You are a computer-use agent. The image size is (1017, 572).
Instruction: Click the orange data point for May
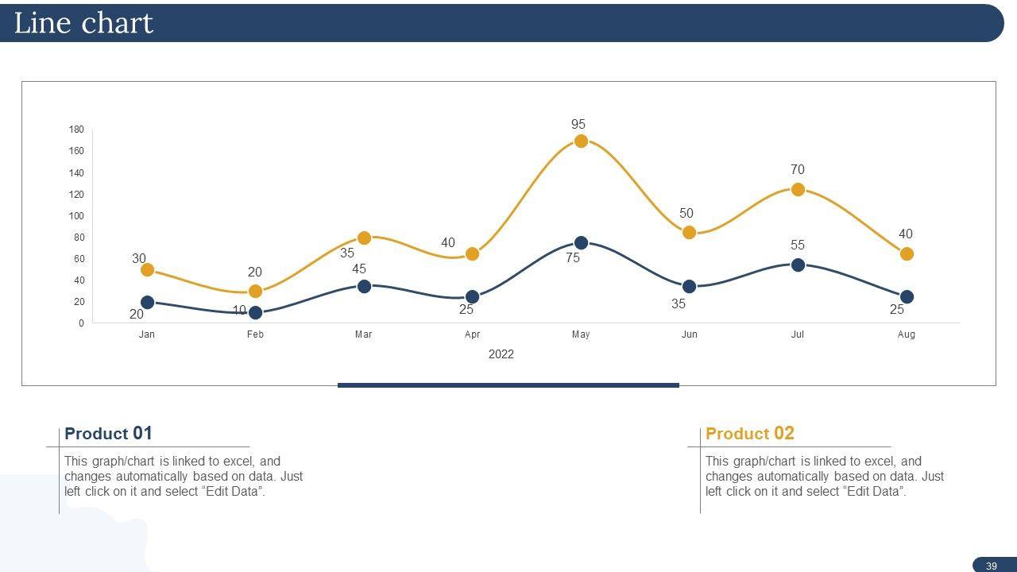point(581,141)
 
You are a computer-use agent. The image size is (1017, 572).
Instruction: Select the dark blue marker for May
point(581,243)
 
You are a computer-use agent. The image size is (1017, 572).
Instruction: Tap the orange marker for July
point(798,190)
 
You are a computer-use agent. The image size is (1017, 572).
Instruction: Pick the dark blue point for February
point(255,313)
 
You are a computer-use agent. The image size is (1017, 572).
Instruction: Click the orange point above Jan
point(147,270)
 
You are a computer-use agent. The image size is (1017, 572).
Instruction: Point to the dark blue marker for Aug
point(907,297)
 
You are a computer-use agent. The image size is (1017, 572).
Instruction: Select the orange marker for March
point(364,238)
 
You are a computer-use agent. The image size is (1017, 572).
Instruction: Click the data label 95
point(578,125)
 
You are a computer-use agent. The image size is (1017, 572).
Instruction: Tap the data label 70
point(797,170)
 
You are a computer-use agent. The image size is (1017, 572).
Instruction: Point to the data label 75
point(573,258)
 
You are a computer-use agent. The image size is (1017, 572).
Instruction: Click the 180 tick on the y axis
point(76,129)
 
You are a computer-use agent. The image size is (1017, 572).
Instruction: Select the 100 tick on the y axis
point(76,216)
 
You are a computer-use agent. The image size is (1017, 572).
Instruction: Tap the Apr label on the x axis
point(472,334)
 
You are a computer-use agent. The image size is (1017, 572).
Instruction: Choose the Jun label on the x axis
point(689,334)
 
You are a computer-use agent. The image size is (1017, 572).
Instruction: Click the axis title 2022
point(501,354)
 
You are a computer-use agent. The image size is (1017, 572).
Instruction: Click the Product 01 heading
point(108,434)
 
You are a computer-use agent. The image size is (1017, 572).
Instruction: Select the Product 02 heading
point(749,434)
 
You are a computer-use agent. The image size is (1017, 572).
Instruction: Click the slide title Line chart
point(83,23)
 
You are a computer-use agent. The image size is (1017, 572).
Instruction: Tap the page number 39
point(991,566)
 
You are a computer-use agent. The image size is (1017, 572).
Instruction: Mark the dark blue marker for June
point(689,287)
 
